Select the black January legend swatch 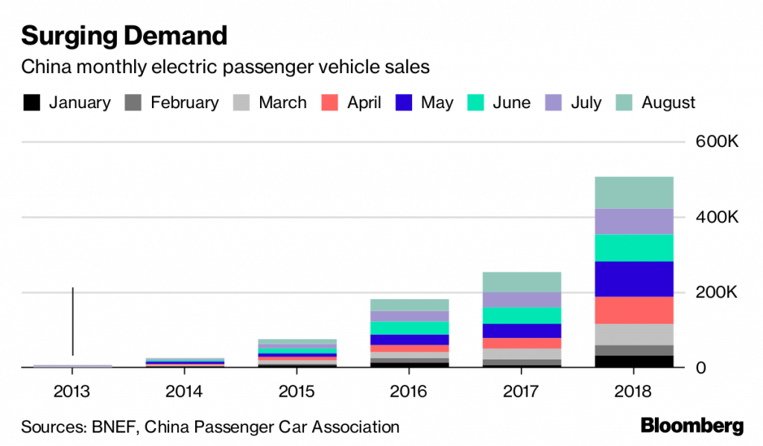point(31,103)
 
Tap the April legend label point(364,103)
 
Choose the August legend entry point(668,103)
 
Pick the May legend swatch point(403,103)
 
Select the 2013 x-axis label point(72,391)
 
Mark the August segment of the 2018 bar point(634,192)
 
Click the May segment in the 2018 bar point(634,279)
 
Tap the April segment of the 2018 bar point(634,310)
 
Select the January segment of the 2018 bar point(634,361)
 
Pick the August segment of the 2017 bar point(522,282)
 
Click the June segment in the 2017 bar point(522,315)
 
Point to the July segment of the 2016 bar point(409,316)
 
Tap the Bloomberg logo point(692,427)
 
